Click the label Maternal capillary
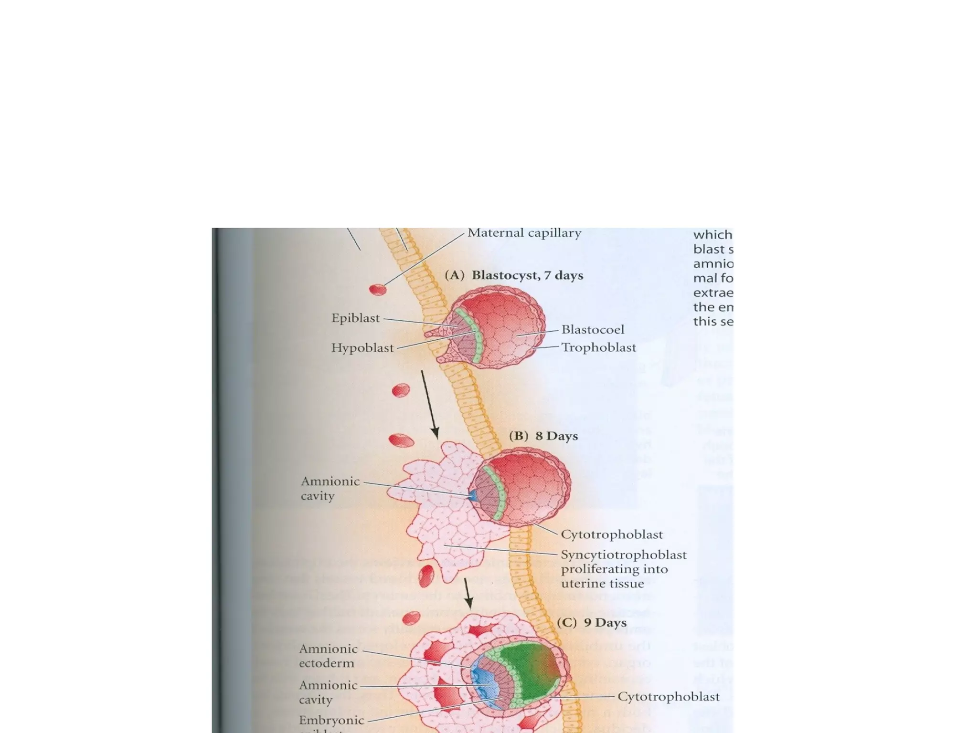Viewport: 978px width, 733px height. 524,233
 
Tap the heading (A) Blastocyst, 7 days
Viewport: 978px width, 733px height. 514,275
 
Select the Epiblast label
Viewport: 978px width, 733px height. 355,318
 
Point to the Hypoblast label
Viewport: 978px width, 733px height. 362,348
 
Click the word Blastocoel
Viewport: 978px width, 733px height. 593,329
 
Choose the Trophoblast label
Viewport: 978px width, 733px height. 598,347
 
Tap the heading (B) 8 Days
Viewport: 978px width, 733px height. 543,436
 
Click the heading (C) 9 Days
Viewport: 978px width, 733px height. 591,623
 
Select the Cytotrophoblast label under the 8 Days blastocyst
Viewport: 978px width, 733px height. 611,534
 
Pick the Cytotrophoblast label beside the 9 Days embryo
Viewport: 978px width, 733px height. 668,697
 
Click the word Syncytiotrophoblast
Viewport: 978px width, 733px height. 623,555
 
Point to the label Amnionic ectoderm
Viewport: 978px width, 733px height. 328,656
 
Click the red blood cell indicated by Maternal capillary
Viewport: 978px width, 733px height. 378,289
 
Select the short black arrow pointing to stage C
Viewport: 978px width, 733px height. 468,594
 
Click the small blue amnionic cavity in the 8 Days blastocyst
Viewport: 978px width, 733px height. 473,496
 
